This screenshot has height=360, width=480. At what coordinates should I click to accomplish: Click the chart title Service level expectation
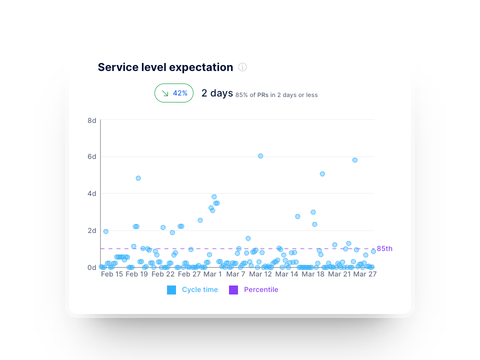165,67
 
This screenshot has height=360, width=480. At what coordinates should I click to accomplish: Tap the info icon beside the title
242,67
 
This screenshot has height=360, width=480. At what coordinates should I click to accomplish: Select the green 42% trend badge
174,93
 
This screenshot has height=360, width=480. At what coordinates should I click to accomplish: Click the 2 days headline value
217,93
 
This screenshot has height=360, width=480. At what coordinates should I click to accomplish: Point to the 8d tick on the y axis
92,120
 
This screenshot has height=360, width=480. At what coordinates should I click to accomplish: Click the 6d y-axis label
92,156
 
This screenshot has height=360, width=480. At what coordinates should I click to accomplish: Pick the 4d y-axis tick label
92,193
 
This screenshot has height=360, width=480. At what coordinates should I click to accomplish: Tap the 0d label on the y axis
92,267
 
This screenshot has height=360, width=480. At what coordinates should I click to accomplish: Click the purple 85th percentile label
384,248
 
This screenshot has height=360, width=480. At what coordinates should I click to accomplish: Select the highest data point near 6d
260,156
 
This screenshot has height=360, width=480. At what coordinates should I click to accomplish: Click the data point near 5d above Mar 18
322,174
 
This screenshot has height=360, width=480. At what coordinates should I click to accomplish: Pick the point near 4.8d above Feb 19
138,178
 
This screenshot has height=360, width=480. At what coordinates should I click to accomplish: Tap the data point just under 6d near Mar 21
355,160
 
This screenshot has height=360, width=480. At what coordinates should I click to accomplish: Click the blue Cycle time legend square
171,290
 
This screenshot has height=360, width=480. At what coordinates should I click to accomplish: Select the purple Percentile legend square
233,290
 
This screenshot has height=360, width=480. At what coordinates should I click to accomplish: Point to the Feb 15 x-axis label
111,274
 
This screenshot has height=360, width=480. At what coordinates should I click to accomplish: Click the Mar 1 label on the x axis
212,274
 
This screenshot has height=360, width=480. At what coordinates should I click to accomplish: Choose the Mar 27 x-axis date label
364,274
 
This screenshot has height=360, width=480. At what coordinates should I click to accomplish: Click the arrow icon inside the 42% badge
165,93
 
